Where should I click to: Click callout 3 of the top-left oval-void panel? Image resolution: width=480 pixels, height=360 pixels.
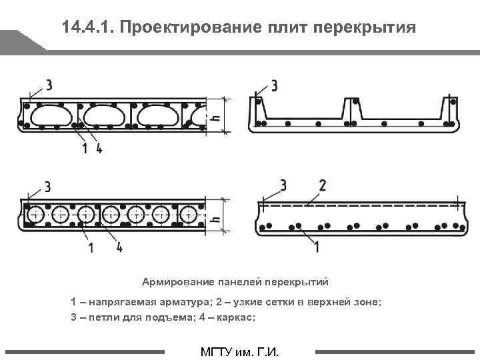(49, 85)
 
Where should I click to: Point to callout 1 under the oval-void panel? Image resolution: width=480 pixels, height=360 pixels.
(85, 148)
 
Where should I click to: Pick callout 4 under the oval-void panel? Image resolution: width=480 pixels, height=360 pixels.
(99, 148)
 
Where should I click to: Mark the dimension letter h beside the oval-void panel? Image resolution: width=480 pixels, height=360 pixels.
(214, 115)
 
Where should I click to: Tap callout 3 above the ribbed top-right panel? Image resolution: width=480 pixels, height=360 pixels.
(274, 85)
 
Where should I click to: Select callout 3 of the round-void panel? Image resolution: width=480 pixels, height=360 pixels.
(47, 185)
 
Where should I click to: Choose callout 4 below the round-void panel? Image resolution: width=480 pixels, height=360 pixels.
(120, 247)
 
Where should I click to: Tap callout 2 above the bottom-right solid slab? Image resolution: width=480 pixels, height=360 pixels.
(323, 185)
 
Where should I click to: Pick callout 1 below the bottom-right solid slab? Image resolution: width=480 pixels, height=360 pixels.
(315, 247)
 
